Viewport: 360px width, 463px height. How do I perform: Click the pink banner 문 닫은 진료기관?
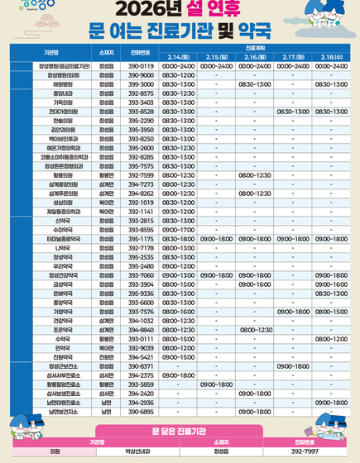pos(180,431)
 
